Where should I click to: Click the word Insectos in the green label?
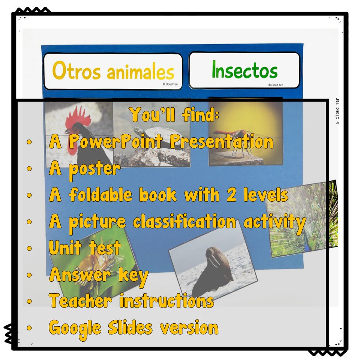[x=245, y=70]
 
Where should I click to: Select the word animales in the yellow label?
[x=141, y=72]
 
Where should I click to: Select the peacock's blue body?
[x=310, y=244]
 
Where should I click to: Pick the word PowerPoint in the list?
[x=116, y=141]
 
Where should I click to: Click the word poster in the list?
[x=94, y=169]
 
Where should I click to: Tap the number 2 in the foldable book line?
[x=231, y=195]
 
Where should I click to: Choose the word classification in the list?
[x=184, y=221]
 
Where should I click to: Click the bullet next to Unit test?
[x=29, y=248]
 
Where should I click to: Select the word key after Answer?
[x=133, y=276]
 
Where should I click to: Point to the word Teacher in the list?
[x=81, y=300]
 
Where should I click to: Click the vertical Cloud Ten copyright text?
[x=337, y=111]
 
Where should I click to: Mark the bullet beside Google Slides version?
[x=29, y=328]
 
